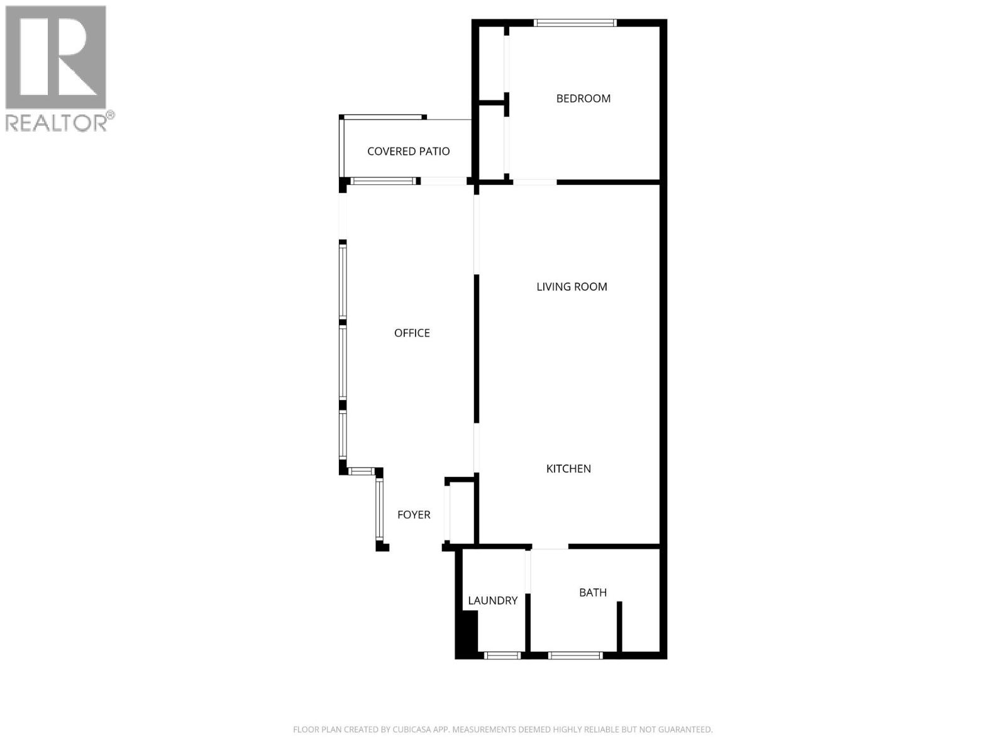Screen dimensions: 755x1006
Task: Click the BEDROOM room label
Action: tap(583, 98)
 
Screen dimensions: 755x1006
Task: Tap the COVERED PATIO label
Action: tap(408, 151)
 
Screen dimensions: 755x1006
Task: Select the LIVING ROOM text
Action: tap(572, 287)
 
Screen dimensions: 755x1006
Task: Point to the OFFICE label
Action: tap(412, 333)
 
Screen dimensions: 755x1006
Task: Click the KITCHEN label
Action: tap(568, 469)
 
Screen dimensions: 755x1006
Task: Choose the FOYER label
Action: tap(414, 515)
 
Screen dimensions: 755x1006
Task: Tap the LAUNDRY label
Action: tap(492, 601)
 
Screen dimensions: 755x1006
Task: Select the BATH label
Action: tap(593, 593)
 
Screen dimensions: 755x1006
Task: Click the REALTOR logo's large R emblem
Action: tap(55, 57)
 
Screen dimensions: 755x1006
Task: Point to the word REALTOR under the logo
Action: tap(57, 122)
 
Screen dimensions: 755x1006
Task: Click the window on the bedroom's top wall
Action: tap(575, 23)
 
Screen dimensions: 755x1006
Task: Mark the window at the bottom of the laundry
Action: tap(502, 656)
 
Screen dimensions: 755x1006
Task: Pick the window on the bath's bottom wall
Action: tap(575, 656)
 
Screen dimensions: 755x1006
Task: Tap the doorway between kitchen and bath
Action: tap(550, 547)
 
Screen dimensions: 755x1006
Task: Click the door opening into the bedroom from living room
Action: tap(534, 182)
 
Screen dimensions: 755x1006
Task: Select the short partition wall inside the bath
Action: tap(619, 627)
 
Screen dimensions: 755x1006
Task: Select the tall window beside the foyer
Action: tap(379, 508)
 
